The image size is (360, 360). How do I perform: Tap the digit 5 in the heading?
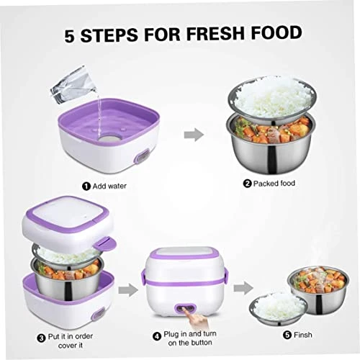click(70, 35)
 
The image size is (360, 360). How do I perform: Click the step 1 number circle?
click(86, 186)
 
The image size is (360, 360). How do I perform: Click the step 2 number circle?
click(247, 184)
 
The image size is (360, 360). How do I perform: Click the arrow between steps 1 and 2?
click(194, 135)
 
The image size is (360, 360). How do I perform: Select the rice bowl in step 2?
click(272, 99)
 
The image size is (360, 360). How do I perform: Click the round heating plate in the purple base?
click(108, 139)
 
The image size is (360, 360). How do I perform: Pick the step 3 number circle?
click(41, 338)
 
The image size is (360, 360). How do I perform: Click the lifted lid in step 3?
click(68, 223)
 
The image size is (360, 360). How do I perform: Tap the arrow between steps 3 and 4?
click(128, 289)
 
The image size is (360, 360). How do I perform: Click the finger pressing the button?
click(196, 318)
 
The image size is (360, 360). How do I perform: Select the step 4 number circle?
click(157, 336)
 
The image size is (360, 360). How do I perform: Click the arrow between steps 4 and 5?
click(243, 288)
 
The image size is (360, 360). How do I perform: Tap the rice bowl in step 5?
click(279, 308)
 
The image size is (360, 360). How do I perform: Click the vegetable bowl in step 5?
click(319, 289)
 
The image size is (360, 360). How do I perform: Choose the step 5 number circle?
click(287, 335)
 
